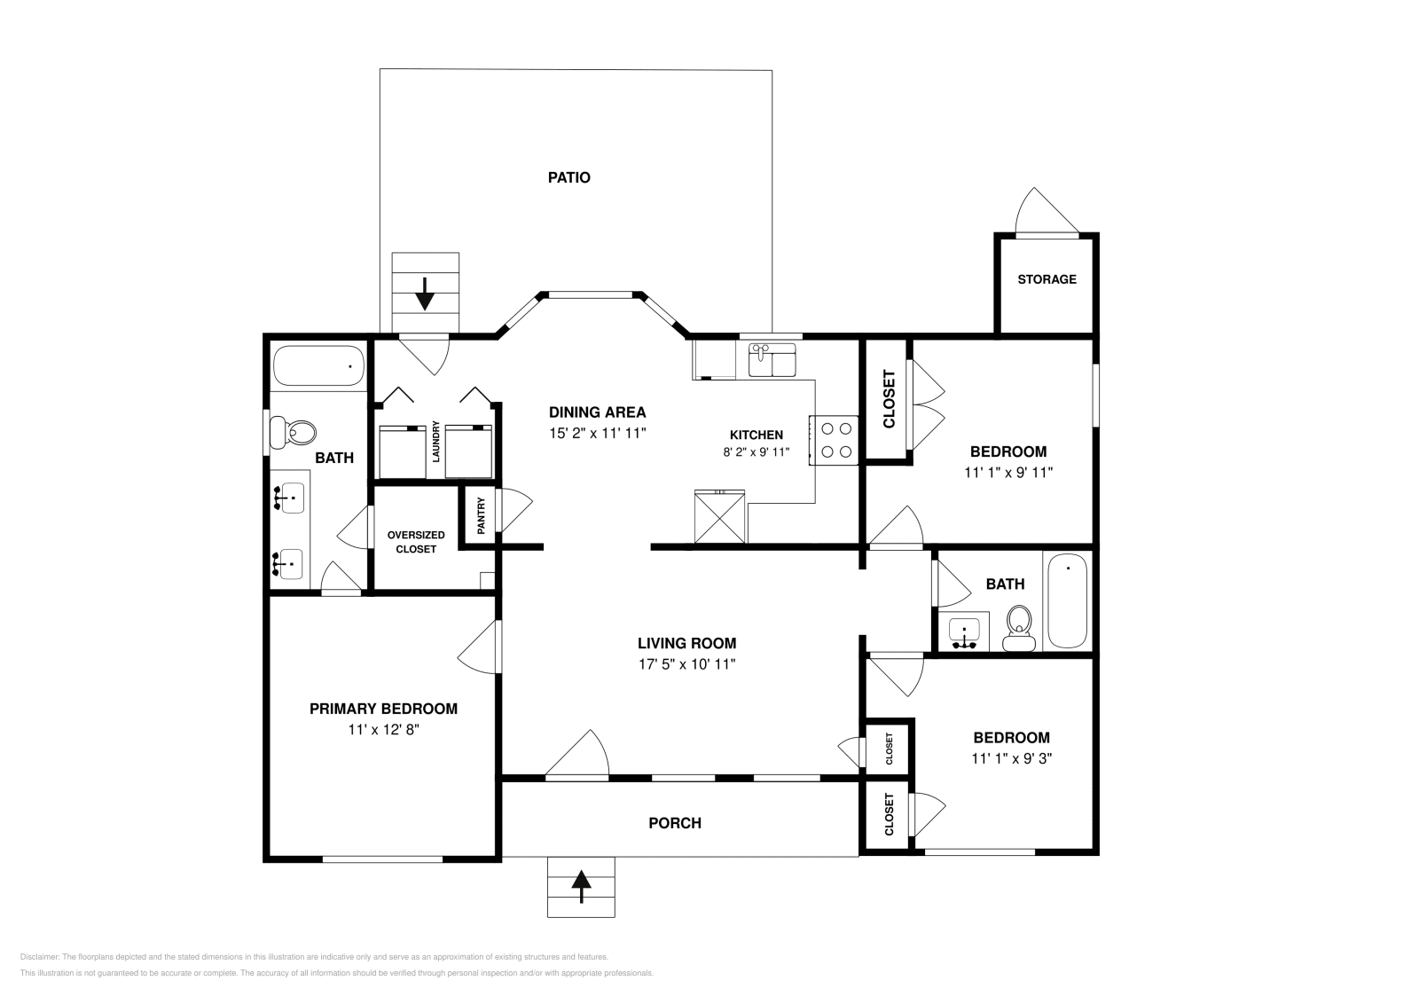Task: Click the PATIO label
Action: click(568, 177)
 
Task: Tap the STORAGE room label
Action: click(1047, 279)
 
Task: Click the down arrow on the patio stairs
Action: click(425, 294)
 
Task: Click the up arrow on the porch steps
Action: click(581, 886)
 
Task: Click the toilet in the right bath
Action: click(1019, 627)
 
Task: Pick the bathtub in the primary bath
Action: click(318, 365)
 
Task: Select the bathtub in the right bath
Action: click(1067, 602)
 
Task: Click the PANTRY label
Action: click(481, 515)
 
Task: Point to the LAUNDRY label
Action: click(435, 441)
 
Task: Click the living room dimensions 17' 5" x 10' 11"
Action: click(686, 664)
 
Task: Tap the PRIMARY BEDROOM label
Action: click(383, 709)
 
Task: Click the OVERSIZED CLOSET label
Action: click(416, 542)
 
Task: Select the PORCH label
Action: click(675, 823)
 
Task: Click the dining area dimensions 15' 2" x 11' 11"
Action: click(597, 434)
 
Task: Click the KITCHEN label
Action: click(756, 435)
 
